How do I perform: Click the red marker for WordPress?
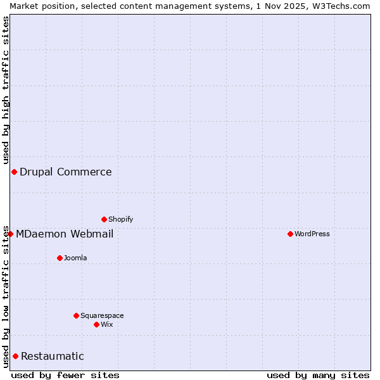tap(290, 234)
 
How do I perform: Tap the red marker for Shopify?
tap(104, 219)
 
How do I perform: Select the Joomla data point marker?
tap(60, 258)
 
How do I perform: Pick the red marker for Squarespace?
tap(76, 315)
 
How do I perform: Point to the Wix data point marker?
tap(96, 324)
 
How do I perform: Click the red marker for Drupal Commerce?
tap(14, 172)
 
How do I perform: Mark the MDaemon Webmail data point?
tap(10, 234)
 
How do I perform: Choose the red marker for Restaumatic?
tap(15, 356)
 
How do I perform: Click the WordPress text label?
tap(312, 234)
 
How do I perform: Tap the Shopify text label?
tap(121, 219)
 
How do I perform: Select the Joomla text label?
tap(75, 258)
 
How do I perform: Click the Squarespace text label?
tap(102, 315)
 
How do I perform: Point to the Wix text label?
tap(107, 324)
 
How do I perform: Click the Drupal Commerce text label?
tap(66, 172)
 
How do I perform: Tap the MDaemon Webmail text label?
tap(65, 234)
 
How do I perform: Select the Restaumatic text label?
tap(53, 356)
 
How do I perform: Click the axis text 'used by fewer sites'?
tap(65, 375)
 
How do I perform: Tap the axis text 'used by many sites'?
tap(318, 375)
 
